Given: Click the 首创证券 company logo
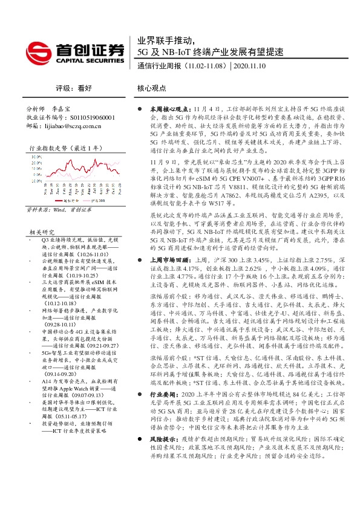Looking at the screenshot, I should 74,52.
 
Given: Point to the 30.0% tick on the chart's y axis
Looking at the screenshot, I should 31,162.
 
